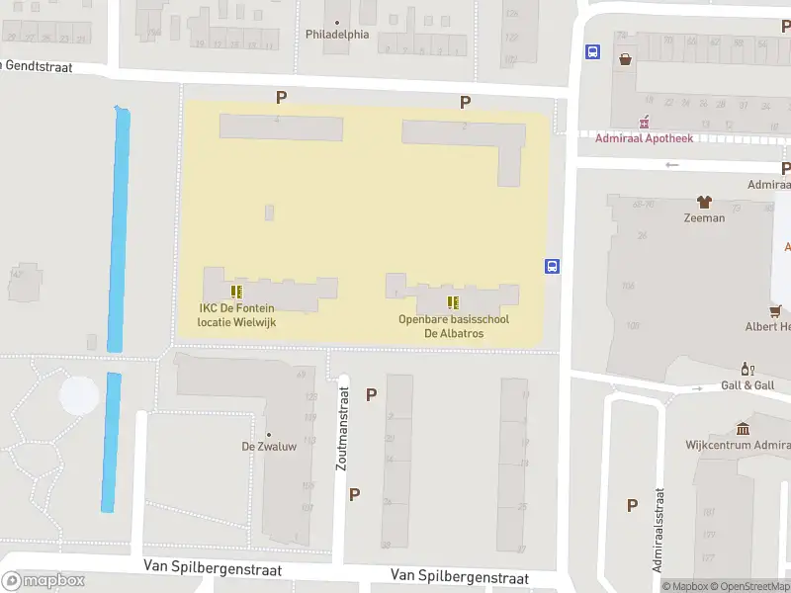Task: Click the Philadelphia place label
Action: point(337,34)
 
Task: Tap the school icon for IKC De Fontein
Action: point(236,292)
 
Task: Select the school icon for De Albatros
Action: point(453,302)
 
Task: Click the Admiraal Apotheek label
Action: point(644,137)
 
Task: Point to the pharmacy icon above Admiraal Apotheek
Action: point(644,123)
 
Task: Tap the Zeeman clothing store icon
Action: point(704,202)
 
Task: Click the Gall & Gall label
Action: point(747,385)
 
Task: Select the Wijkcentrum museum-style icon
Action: point(743,429)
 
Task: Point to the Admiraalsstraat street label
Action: point(658,532)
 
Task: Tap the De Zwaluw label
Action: point(269,446)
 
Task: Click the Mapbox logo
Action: point(44,581)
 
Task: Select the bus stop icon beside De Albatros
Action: point(552,265)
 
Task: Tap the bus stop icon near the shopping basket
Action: point(592,52)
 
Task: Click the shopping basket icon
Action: point(625,58)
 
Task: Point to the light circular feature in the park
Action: point(79,395)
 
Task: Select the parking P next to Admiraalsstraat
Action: point(632,505)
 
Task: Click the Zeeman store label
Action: point(704,217)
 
